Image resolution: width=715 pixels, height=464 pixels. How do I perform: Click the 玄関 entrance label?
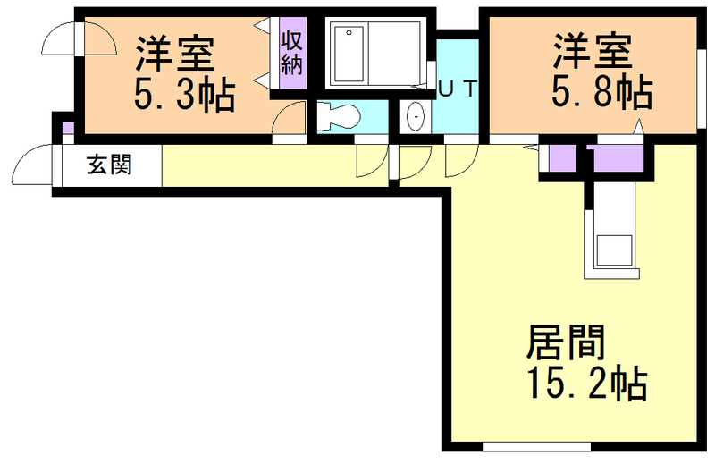[x=109, y=165]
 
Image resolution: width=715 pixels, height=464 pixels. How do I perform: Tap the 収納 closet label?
[x=291, y=53]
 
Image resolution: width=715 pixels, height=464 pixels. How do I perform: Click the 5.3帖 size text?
[x=185, y=94]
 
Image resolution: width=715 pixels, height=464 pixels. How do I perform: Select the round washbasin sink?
[x=415, y=117]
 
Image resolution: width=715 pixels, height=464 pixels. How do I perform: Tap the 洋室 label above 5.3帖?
[x=175, y=54]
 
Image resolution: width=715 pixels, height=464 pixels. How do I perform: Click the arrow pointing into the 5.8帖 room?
[x=639, y=127]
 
